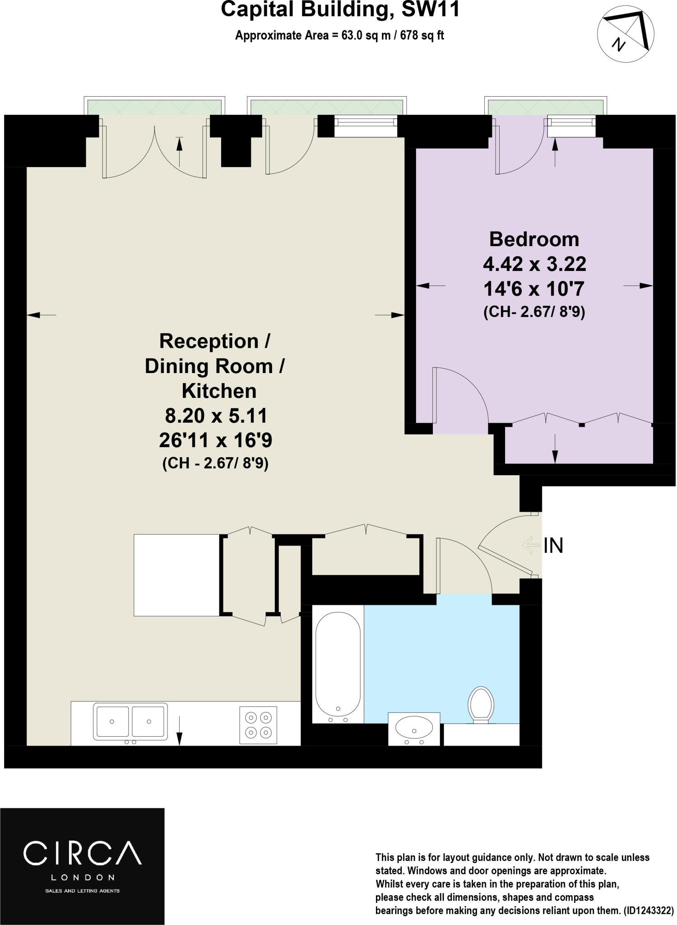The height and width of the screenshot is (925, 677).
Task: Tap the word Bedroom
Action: pyautogui.click(x=534, y=239)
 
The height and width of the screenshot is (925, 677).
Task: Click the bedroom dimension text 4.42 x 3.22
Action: pyautogui.click(x=534, y=264)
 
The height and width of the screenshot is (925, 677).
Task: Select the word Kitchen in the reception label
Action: pyautogui.click(x=219, y=391)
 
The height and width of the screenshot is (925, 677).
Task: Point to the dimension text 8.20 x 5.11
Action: pyautogui.click(x=216, y=416)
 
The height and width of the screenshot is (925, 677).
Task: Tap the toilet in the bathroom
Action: pyautogui.click(x=481, y=705)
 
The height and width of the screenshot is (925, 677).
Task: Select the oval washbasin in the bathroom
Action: pyautogui.click(x=414, y=727)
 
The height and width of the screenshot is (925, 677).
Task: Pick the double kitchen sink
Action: pyautogui.click(x=130, y=721)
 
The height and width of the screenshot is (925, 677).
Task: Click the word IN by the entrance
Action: pyautogui.click(x=553, y=546)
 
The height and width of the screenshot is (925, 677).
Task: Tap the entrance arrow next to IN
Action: pyautogui.click(x=531, y=545)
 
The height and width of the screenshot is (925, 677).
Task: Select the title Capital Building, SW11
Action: pyautogui.click(x=340, y=10)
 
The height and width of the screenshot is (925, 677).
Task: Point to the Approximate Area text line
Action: pyautogui.click(x=339, y=35)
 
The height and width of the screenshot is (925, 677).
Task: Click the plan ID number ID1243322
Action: pyautogui.click(x=649, y=911)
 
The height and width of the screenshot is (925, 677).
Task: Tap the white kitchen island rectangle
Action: pyautogui.click(x=176, y=575)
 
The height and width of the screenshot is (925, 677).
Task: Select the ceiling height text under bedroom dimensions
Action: pyautogui.click(x=534, y=312)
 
